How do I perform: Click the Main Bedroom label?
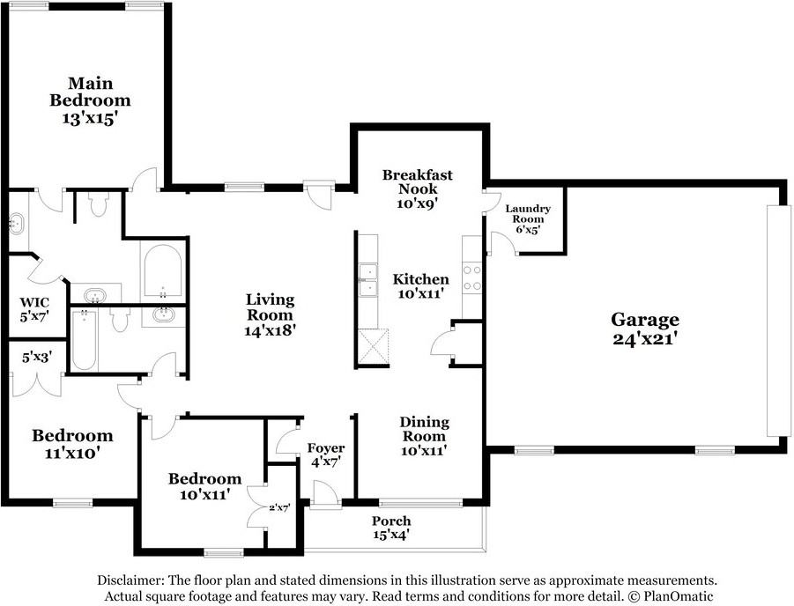(90, 92)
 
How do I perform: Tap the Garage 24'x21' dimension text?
(645, 339)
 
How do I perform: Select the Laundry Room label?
(528, 214)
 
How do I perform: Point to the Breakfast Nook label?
(417, 181)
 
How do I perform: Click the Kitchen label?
(421, 279)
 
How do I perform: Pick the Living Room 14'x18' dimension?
(270, 330)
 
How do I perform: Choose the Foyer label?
(326, 448)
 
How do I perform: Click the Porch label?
(391, 521)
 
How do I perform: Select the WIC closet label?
(34, 303)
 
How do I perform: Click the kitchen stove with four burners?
(472, 278)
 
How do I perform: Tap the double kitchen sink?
(368, 280)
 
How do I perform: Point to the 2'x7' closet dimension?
(279, 507)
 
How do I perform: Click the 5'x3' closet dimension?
(37, 358)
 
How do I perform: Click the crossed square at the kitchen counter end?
(373, 346)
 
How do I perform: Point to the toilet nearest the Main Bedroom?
(98, 203)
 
